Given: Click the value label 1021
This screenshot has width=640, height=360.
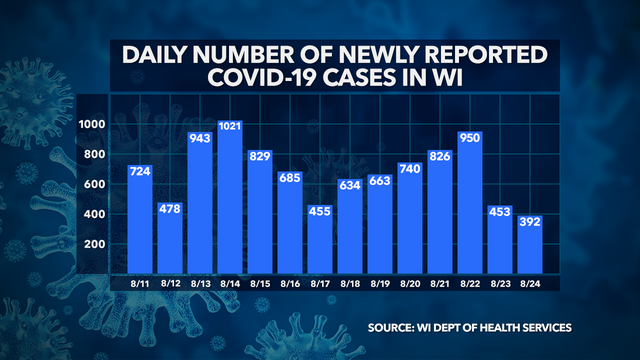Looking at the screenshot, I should [x=232, y=128].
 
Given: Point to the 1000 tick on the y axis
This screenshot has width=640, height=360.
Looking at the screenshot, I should [x=94, y=125].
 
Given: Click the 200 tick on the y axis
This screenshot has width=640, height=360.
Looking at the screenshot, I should [x=97, y=245].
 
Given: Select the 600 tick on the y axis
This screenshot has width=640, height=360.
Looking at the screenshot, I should [x=97, y=185].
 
